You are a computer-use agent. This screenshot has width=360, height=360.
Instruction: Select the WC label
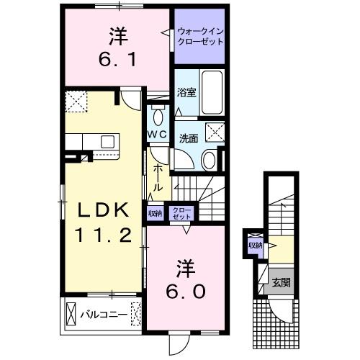(x=158, y=134)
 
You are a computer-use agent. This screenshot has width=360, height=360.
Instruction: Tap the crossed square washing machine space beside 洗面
(x=214, y=131)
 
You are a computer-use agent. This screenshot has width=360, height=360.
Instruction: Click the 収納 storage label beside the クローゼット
(x=155, y=213)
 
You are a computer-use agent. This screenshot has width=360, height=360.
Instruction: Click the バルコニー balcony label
(x=104, y=314)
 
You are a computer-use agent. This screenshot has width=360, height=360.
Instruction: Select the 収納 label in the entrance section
(x=256, y=246)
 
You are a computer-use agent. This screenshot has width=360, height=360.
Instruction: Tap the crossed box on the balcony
(x=71, y=314)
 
